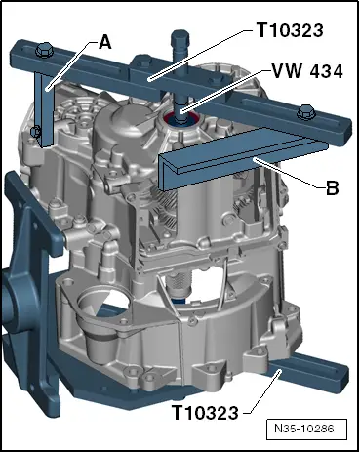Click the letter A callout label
pyautogui.click(x=104, y=42)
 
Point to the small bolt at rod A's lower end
pyautogui.click(x=35, y=132)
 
